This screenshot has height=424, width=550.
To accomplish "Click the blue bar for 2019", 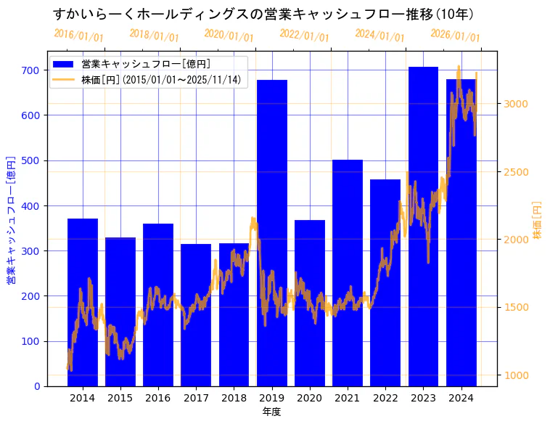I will point(272,232).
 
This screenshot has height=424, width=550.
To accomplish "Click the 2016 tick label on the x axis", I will point(158,398).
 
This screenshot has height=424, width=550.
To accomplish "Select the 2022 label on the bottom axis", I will point(385,398).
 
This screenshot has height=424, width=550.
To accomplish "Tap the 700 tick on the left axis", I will point(30,70).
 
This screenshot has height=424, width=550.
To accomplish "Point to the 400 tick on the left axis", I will point(30,205).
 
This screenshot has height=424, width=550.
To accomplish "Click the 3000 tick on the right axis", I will point(517,104).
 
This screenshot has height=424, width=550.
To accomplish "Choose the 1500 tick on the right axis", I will point(517,307).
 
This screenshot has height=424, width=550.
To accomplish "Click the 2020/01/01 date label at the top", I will point(229,35).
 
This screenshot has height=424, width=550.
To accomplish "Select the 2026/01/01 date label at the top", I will point(455,35).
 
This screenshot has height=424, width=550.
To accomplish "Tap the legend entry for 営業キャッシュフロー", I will point(146,64).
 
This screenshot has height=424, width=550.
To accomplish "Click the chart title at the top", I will point(263,15).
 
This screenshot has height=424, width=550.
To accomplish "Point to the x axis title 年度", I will point(271,412).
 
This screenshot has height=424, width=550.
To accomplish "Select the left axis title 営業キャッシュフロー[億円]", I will point(11,219).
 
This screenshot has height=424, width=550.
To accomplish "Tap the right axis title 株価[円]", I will point(538,221).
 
